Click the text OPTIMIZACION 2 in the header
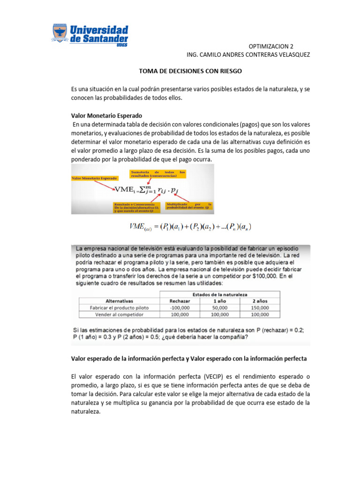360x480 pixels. [x=270, y=46]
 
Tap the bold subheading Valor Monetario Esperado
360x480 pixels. [x=106, y=115]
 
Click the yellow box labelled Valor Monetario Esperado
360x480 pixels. [x=94, y=179]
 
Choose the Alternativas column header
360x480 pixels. [x=120, y=301]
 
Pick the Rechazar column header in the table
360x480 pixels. [x=180, y=301]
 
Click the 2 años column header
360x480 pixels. [x=260, y=301]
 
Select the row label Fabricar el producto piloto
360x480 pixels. [x=120, y=308]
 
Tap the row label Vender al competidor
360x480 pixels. [x=120, y=315]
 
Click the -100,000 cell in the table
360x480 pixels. [x=180, y=308]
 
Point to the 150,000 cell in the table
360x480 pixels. [x=260, y=308]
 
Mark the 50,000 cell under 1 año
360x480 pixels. [x=220, y=308]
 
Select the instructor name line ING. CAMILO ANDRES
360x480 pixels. [x=248, y=55]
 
